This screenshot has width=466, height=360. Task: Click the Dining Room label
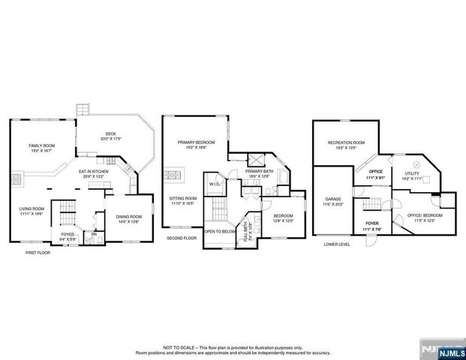[128, 217]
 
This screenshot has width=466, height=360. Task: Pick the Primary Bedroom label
[196, 142]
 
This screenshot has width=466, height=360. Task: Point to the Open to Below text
[220, 232]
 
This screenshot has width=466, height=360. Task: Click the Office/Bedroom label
[423, 215]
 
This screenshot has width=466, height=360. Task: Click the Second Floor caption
[182, 238]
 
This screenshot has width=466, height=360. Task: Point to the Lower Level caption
[338, 244]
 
